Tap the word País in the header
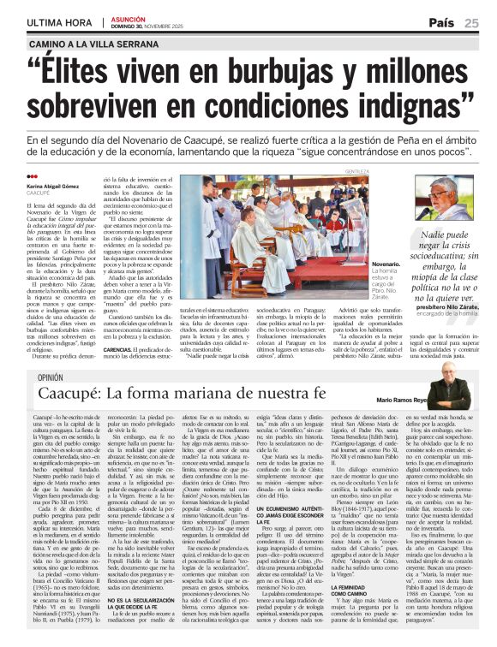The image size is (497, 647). (441, 22)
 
